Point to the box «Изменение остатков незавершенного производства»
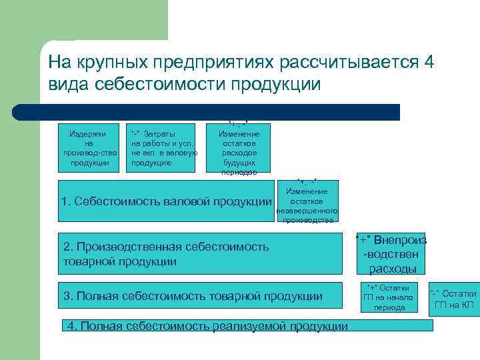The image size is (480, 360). click(307, 201)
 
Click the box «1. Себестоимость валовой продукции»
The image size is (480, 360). click(166, 201)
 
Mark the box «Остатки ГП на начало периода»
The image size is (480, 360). click(389, 297)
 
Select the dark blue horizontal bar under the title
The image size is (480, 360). click(220, 111)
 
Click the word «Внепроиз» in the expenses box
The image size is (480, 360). click(399, 240)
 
